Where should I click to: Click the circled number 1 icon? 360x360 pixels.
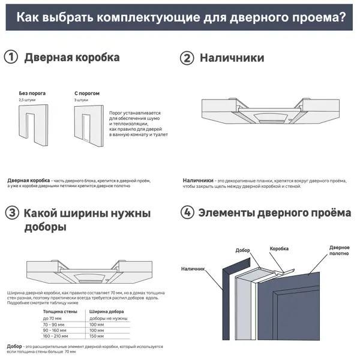click(10, 58)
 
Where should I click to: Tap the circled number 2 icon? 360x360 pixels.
click(187, 58)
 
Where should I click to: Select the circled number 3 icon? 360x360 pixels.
click(10, 213)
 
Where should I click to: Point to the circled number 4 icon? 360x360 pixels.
click(187, 212)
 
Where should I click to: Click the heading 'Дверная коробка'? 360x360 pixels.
click(71, 58)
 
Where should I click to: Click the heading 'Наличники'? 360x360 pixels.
click(232, 58)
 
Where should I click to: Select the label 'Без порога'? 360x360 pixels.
click(32, 94)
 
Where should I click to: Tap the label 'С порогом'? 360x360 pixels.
click(86, 94)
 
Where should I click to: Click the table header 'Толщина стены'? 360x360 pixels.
click(58, 311)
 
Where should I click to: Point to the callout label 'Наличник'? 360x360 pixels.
click(193, 269)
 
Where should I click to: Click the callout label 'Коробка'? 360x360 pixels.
click(279, 248)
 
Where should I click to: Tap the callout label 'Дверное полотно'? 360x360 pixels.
click(339, 251)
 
